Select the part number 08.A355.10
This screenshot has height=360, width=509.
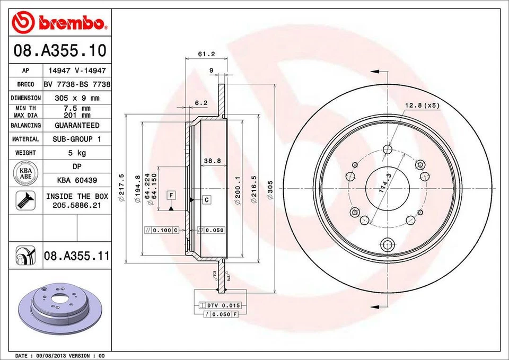pos(59,51)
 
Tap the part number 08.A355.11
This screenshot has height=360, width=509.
pos(76,257)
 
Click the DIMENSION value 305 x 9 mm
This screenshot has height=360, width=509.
pos(77,98)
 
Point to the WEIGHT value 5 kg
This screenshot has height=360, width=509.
pos(77,153)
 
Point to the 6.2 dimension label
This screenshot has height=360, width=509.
pos(201,103)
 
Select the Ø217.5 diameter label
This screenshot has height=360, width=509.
pos(121,188)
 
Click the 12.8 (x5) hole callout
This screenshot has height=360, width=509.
pos(422,106)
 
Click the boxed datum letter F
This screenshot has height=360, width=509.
pos(171,196)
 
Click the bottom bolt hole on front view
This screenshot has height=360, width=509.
pos(387,245)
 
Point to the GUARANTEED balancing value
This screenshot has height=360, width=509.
pos(77,126)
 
